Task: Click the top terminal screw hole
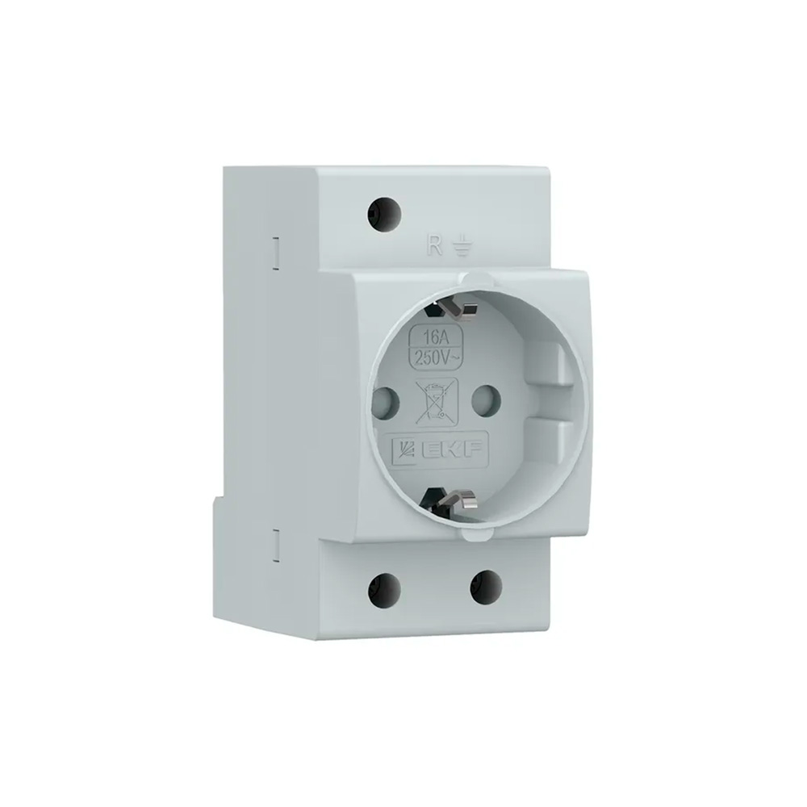coord(384,212)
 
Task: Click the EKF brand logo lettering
coord(453,450)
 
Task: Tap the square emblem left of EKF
coord(405,450)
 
